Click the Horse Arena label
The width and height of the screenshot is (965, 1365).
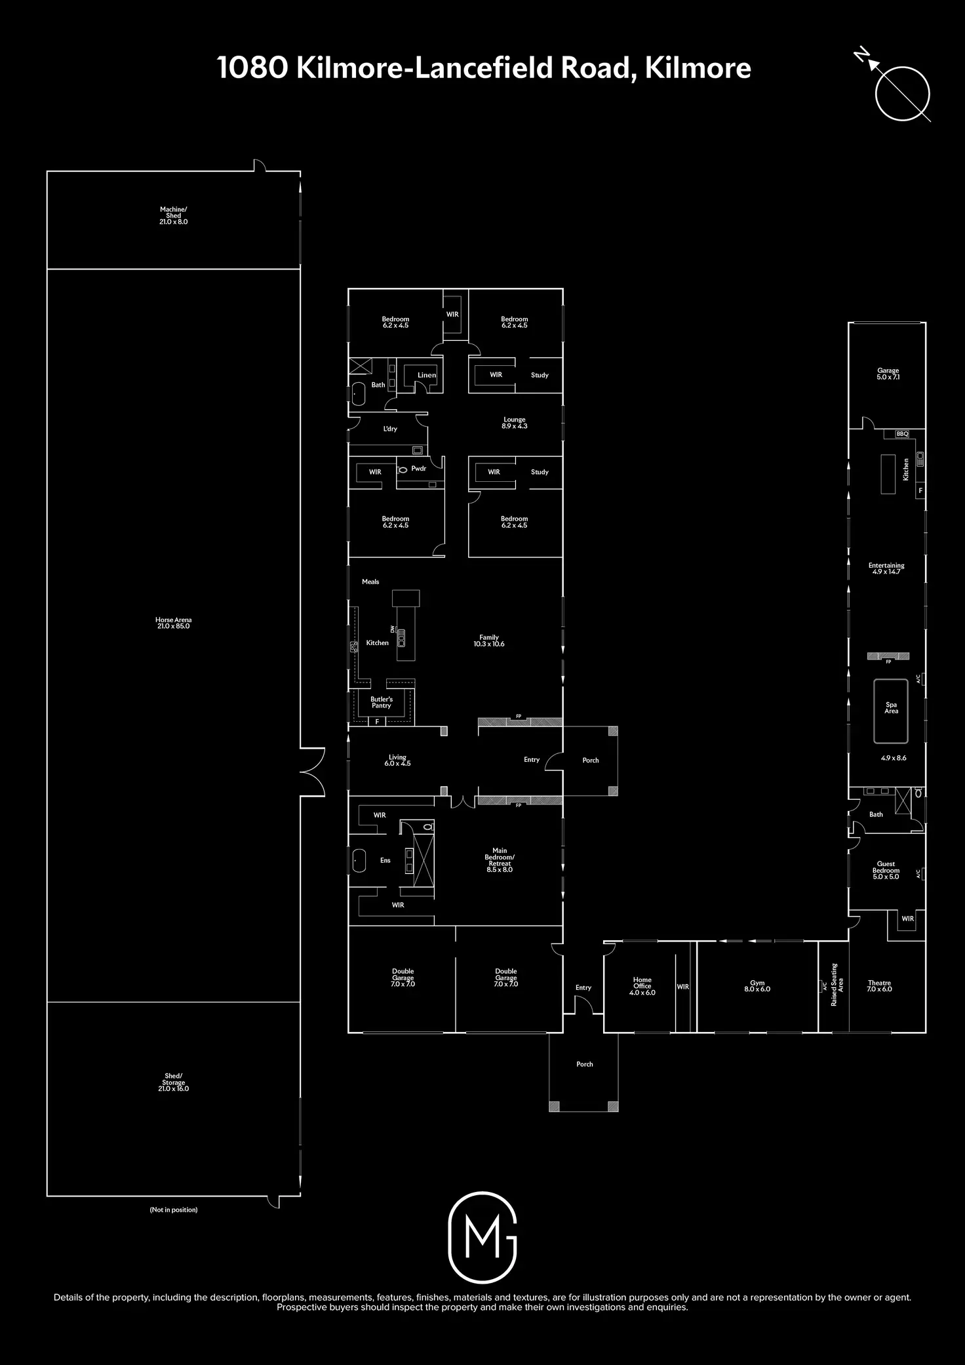174,620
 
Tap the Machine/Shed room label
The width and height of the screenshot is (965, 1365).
174,212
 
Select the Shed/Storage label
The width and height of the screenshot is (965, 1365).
174,1078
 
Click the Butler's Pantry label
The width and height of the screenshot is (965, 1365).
382,702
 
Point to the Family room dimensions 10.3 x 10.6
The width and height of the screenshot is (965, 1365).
489,644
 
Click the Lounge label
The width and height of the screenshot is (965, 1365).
515,420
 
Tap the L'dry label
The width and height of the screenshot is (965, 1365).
390,429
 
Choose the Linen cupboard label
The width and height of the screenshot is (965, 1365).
427,375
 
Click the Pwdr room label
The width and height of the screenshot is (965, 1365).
419,468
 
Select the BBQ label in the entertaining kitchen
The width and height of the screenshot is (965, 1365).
902,434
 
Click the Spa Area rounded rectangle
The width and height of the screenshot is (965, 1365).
891,711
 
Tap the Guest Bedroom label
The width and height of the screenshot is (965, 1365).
886,867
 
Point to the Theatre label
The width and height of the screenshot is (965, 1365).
880,983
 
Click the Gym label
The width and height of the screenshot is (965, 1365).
757,983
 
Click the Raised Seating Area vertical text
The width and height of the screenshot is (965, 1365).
837,985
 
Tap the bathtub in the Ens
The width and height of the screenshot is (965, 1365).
359,860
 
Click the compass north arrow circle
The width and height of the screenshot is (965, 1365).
902,93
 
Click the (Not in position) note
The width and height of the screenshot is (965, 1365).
174,1210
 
